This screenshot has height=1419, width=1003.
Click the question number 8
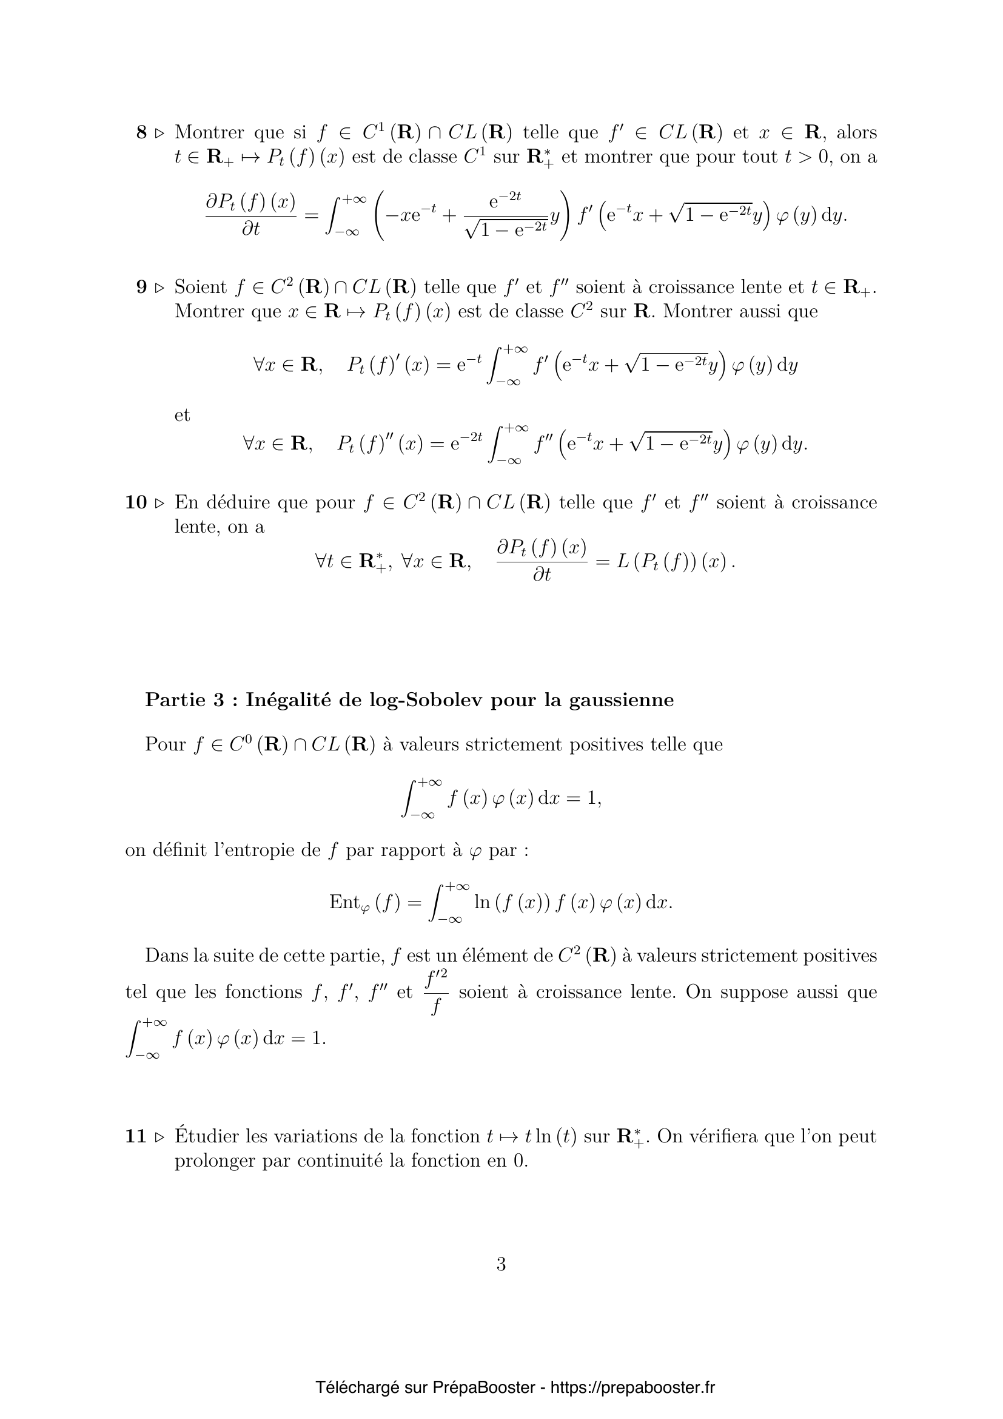(x=141, y=132)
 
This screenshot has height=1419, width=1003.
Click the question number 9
(x=141, y=287)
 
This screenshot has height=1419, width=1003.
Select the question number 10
(x=136, y=502)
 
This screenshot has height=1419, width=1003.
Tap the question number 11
(x=136, y=1136)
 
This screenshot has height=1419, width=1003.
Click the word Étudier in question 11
(x=206, y=1136)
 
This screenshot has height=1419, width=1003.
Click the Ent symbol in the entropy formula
(x=344, y=902)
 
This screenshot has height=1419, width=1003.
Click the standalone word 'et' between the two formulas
(x=182, y=415)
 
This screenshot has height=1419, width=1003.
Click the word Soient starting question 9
(x=201, y=287)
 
